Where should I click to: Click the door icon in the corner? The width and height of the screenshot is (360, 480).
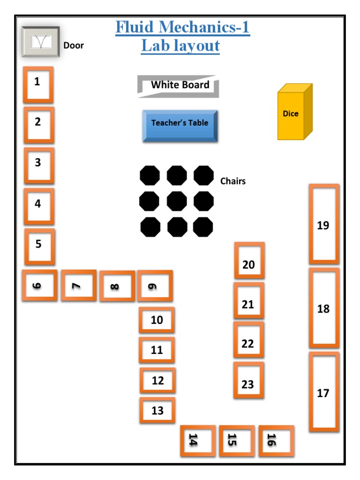pyautogui.click(x=40, y=42)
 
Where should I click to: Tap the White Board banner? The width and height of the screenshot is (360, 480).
pyautogui.click(x=179, y=86)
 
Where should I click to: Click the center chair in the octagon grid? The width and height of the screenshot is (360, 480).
pyautogui.click(x=177, y=202)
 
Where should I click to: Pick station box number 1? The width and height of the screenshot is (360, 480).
pyautogui.click(x=38, y=84)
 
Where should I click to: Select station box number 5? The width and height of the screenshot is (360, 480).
pyautogui.click(x=39, y=246)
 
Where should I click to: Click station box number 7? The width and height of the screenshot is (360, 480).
pyautogui.click(x=78, y=285)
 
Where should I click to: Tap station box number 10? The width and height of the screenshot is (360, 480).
pyautogui.click(x=157, y=320)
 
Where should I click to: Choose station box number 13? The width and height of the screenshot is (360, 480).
pyautogui.click(x=157, y=411)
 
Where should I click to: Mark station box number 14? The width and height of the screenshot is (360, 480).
pyautogui.click(x=198, y=441)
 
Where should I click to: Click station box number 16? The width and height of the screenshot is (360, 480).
pyautogui.click(x=276, y=441)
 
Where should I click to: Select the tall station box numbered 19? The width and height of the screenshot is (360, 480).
pyautogui.click(x=323, y=225)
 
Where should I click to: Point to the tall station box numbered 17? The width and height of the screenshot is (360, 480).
pyautogui.click(x=323, y=392)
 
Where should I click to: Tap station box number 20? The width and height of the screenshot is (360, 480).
pyautogui.click(x=249, y=261)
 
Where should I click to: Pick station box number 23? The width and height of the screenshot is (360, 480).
pyautogui.click(x=248, y=380)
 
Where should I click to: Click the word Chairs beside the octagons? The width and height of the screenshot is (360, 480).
pyautogui.click(x=233, y=181)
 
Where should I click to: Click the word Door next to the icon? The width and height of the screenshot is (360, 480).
pyautogui.click(x=74, y=45)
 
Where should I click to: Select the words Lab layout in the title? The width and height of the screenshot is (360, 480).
pyautogui.click(x=180, y=46)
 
